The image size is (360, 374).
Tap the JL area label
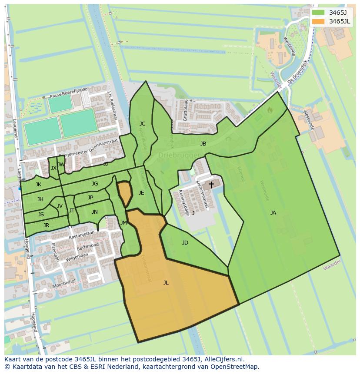point(166,283)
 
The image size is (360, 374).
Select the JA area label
point(273,213)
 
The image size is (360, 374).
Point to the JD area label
point(185,243)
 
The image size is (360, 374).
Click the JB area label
point(203,144)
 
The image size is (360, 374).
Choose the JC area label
point(142,124)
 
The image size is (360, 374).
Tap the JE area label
point(141,193)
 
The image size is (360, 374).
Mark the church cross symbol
point(211,185)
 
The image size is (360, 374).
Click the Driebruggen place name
point(179,155)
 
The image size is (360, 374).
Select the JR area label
point(46,225)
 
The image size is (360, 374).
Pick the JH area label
point(40,199)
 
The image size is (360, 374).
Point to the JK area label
point(38,185)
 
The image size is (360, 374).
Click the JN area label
point(94,212)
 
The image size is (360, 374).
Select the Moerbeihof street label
point(63,285)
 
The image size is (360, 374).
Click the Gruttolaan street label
point(187,110)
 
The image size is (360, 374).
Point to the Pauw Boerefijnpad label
point(69,93)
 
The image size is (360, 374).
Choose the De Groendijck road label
point(297,76)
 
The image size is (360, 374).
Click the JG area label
point(94,184)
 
